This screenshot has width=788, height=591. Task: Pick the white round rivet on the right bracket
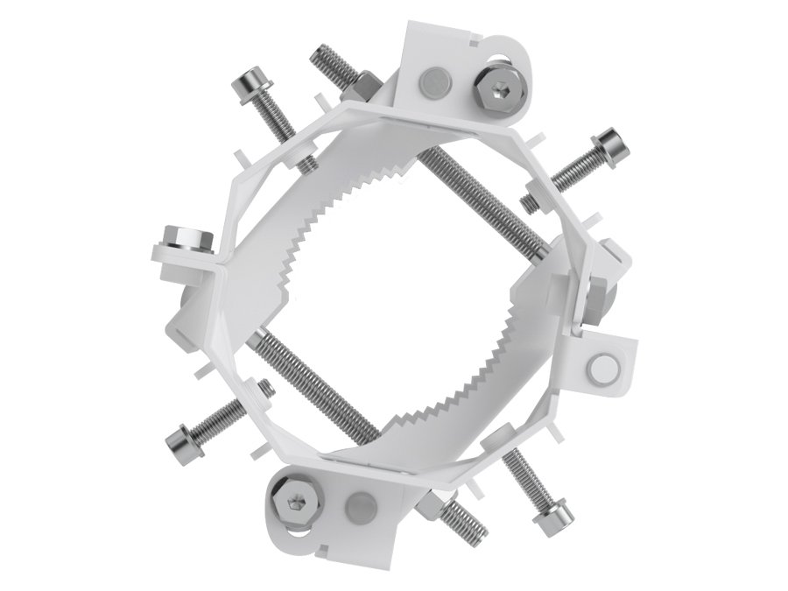[x=604, y=368]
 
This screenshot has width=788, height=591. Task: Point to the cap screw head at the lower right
[x=555, y=522]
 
